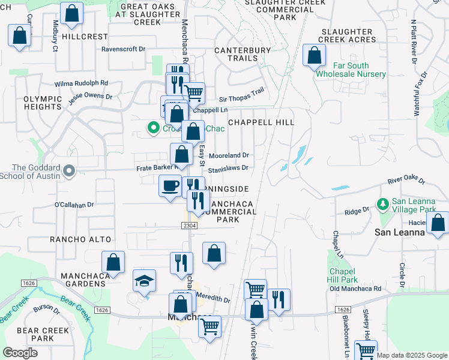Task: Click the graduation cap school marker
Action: pyautogui.click(x=144, y=281)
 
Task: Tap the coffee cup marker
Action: pyautogui.click(x=169, y=185)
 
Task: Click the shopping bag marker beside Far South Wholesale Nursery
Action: pyautogui.click(x=314, y=56)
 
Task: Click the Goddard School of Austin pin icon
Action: pyautogui.click(x=69, y=172)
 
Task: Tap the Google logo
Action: pyautogui.click(x=20, y=352)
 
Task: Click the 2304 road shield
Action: pyautogui.click(x=188, y=224)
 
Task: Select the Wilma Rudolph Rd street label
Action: pyautogui.click(x=81, y=83)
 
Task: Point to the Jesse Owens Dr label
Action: pyautogui.click(x=90, y=95)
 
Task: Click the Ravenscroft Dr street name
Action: pyautogui.click(x=124, y=49)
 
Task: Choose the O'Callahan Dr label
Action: pyautogui.click(x=74, y=205)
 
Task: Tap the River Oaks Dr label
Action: pyautogui.click(x=406, y=181)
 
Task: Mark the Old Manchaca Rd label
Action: pyautogui.click(x=355, y=289)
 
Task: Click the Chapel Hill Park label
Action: pyautogui.click(x=343, y=275)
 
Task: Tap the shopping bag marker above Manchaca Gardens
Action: pyautogui.click(x=113, y=262)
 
